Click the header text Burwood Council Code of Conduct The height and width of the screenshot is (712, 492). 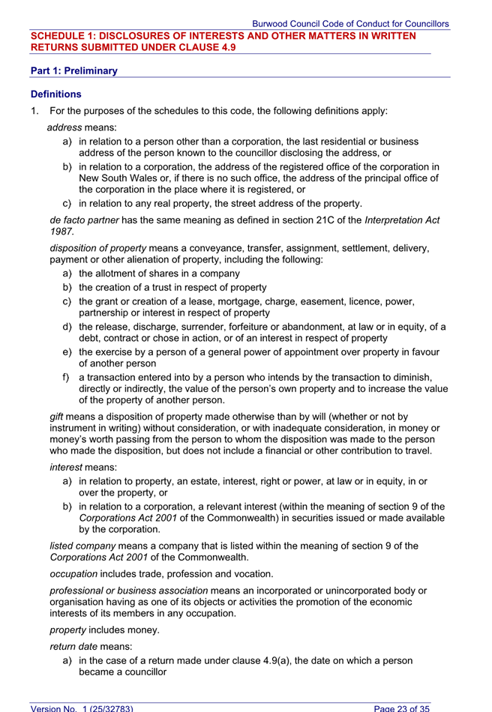350,24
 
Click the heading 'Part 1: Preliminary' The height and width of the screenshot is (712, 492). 74,71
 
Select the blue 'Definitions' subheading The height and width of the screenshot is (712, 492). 56,94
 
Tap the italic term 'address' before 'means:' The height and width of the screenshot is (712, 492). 64,127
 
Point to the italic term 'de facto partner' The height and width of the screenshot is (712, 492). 83,220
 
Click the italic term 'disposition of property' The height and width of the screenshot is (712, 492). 98,248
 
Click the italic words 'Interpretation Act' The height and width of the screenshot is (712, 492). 402,220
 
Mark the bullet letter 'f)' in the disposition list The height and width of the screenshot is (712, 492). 67,377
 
